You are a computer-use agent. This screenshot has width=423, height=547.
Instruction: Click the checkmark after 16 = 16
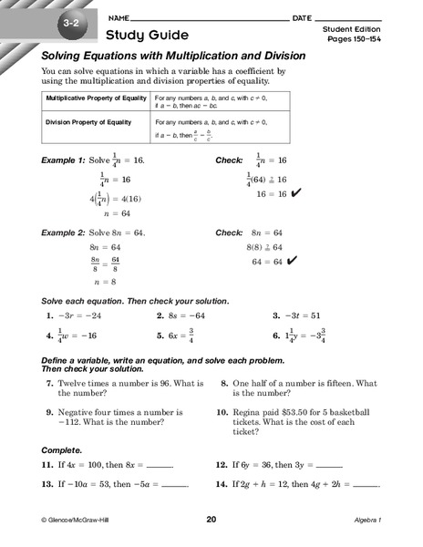coord(293,193)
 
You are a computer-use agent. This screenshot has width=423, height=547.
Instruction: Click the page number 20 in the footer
coord(211,520)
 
